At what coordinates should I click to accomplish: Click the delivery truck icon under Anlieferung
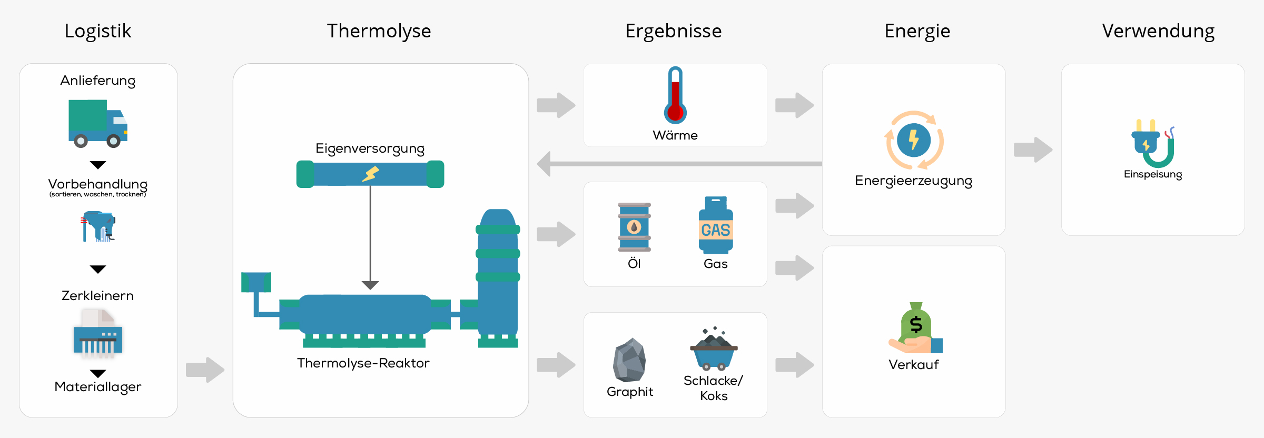click(x=98, y=123)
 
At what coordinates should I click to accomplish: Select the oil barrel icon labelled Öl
click(x=634, y=227)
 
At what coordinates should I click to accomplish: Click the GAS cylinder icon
click(x=716, y=225)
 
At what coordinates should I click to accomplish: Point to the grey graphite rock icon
click(x=629, y=361)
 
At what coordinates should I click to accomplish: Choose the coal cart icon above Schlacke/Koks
click(x=714, y=350)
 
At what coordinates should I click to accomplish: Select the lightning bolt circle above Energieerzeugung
click(x=914, y=141)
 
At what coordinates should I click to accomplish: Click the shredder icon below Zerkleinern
click(x=98, y=335)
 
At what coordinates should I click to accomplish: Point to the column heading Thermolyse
click(x=379, y=31)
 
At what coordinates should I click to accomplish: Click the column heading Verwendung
click(x=1158, y=31)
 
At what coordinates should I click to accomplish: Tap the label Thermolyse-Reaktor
click(x=363, y=363)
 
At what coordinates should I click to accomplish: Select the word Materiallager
click(x=98, y=387)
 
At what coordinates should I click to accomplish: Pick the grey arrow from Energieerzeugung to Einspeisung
click(x=1033, y=150)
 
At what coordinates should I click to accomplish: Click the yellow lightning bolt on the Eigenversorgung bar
click(x=371, y=174)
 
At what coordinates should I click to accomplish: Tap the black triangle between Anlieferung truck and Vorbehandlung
click(x=98, y=165)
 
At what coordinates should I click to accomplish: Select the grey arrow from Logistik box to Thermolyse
click(x=205, y=370)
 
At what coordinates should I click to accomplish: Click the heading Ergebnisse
click(x=673, y=31)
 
